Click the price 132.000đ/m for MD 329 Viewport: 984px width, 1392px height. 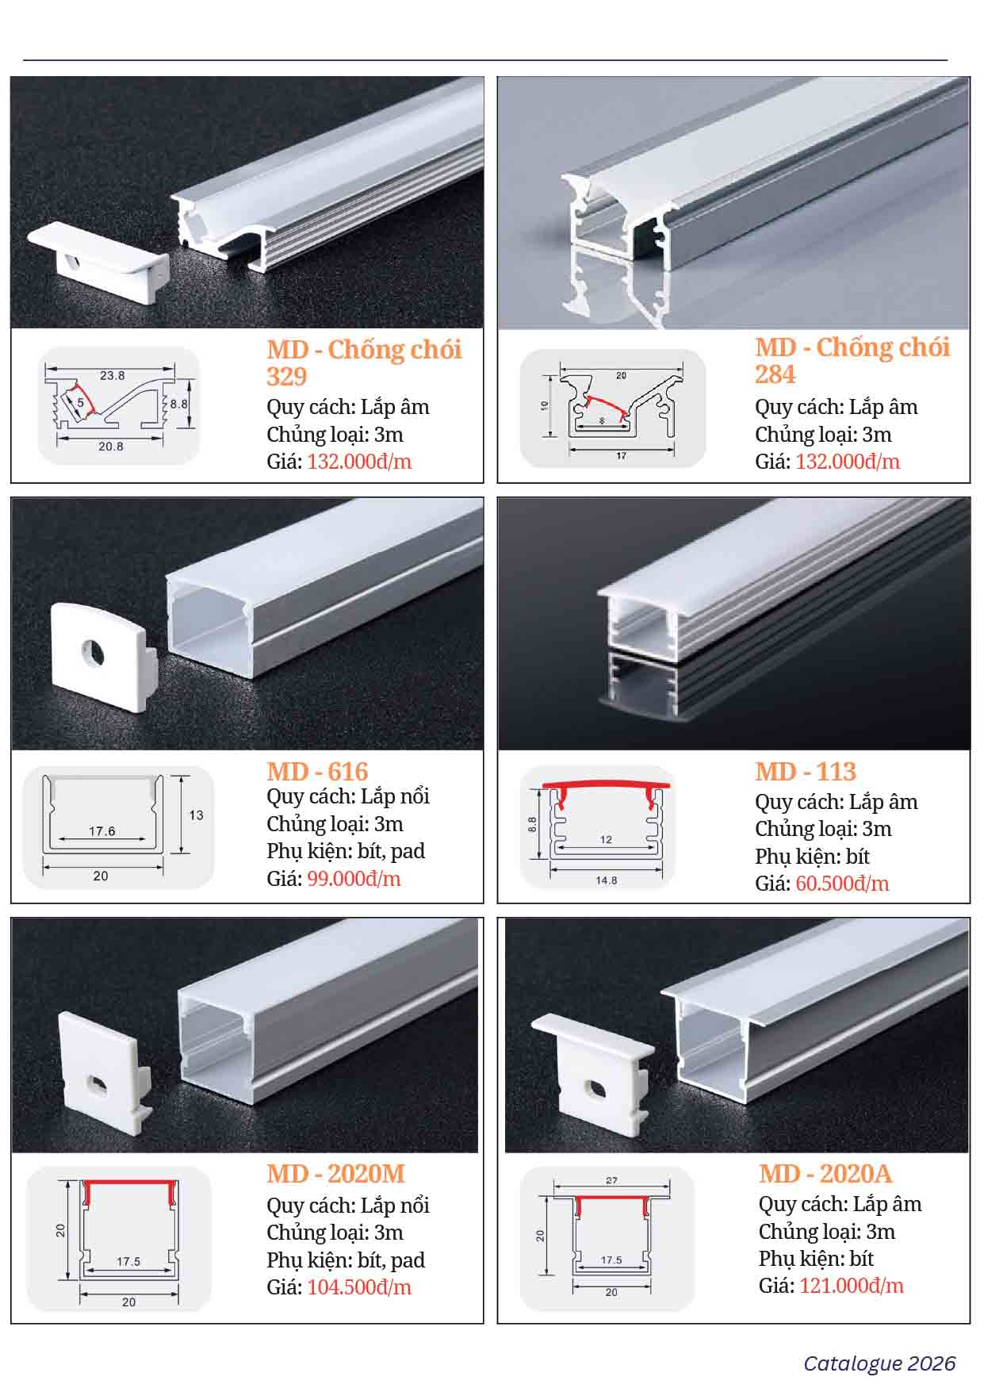359,462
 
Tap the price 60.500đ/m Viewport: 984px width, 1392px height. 842,884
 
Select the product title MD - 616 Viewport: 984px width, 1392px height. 317,771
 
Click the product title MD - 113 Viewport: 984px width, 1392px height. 806,771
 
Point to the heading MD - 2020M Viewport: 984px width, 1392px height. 335,1173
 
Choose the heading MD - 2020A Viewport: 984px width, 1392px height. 825,1173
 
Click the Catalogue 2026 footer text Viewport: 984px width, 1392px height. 879,1363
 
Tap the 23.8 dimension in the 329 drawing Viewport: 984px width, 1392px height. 112,376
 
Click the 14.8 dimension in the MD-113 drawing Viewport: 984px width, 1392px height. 606,880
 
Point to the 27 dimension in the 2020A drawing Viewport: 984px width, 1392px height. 611,1180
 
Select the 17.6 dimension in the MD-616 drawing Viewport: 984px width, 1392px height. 102,831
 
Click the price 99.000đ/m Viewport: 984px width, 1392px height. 354,879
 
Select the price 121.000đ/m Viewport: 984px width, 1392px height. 852,1286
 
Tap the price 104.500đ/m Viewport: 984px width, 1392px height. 359,1287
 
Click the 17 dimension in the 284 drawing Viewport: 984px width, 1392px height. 622,456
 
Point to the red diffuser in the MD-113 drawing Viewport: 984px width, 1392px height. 607,786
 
